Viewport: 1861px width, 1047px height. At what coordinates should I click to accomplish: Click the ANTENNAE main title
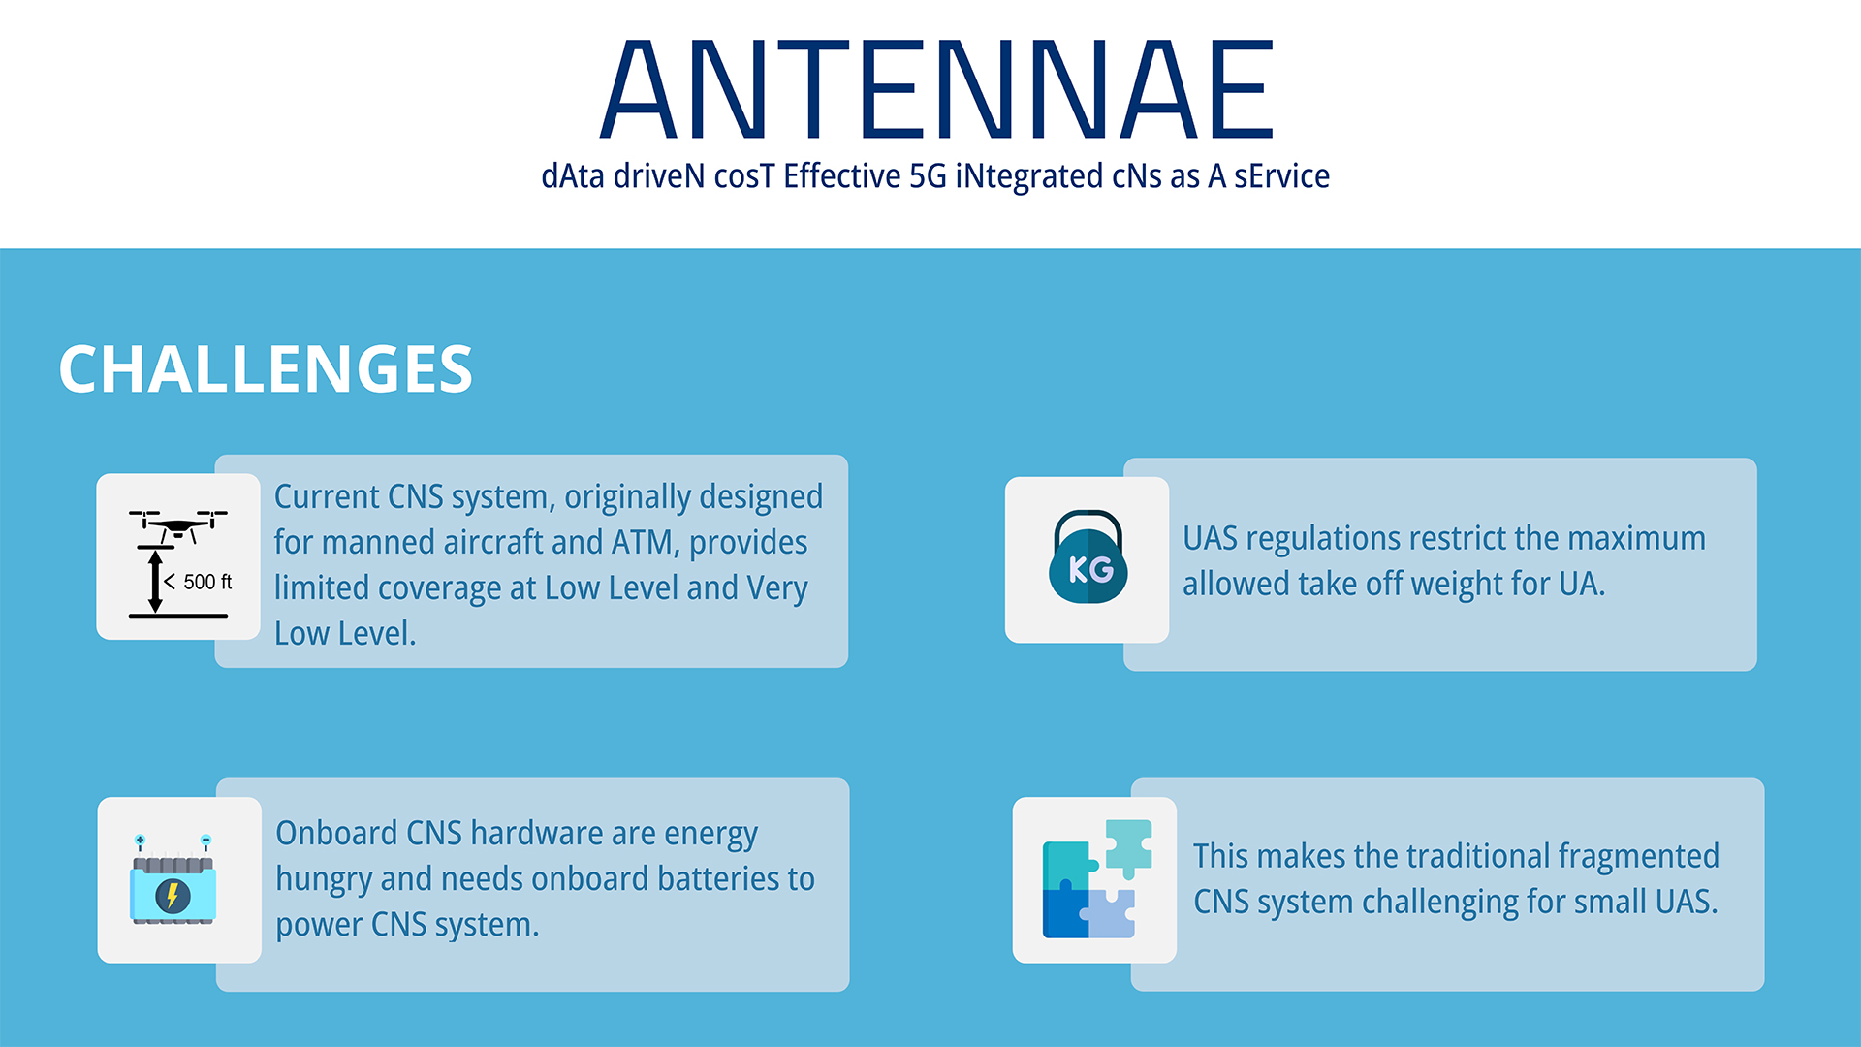936,89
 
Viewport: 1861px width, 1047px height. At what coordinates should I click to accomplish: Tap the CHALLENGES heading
266,369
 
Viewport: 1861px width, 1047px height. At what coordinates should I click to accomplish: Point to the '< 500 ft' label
198,582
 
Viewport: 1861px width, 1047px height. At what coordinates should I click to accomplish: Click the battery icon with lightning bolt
173,880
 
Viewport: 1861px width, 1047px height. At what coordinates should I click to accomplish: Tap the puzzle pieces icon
1097,878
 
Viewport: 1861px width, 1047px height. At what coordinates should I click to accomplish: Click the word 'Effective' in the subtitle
842,176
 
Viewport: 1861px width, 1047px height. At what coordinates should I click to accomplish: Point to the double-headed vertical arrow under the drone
155,582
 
